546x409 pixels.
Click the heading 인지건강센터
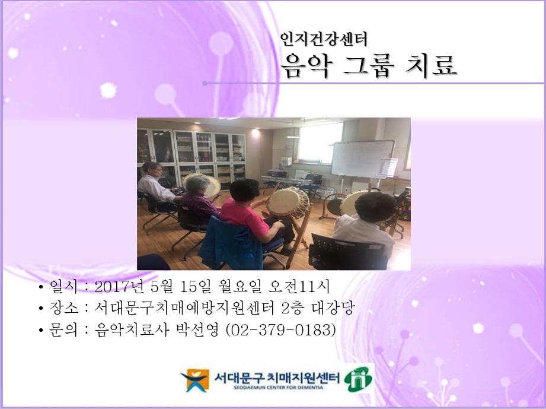(x=324, y=39)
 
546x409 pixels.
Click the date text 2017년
(x=120, y=288)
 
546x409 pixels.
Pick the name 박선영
(x=199, y=329)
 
